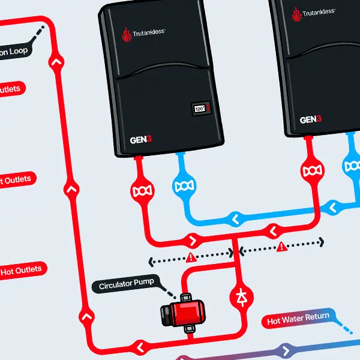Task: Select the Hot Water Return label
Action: point(298,319)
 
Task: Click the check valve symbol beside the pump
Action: point(242,296)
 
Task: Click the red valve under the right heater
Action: point(312,172)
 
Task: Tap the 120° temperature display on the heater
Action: point(200,109)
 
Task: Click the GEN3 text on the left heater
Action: point(141,140)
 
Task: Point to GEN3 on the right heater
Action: point(311,119)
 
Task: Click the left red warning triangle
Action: point(191,258)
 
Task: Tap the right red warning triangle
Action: point(280,245)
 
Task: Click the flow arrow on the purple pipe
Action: point(286,350)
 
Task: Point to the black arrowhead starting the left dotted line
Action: point(151,261)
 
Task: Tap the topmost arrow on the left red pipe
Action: point(57,61)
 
